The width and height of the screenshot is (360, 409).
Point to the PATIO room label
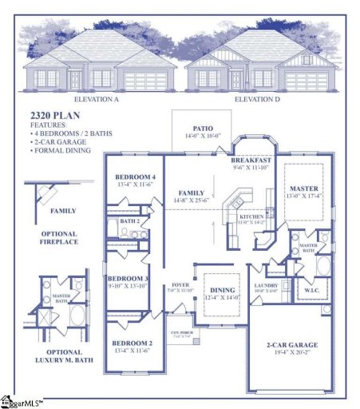(x=203, y=129)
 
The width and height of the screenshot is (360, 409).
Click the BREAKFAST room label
(x=252, y=161)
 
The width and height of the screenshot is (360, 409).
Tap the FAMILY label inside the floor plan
(x=191, y=193)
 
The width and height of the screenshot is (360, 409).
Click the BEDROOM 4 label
(x=135, y=177)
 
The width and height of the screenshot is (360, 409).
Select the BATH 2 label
(x=130, y=220)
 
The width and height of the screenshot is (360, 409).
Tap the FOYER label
(x=180, y=285)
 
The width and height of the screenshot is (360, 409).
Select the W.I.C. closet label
(x=311, y=291)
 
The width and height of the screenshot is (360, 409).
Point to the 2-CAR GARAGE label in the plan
(x=291, y=345)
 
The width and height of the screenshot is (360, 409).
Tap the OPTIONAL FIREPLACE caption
(x=58, y=236)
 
